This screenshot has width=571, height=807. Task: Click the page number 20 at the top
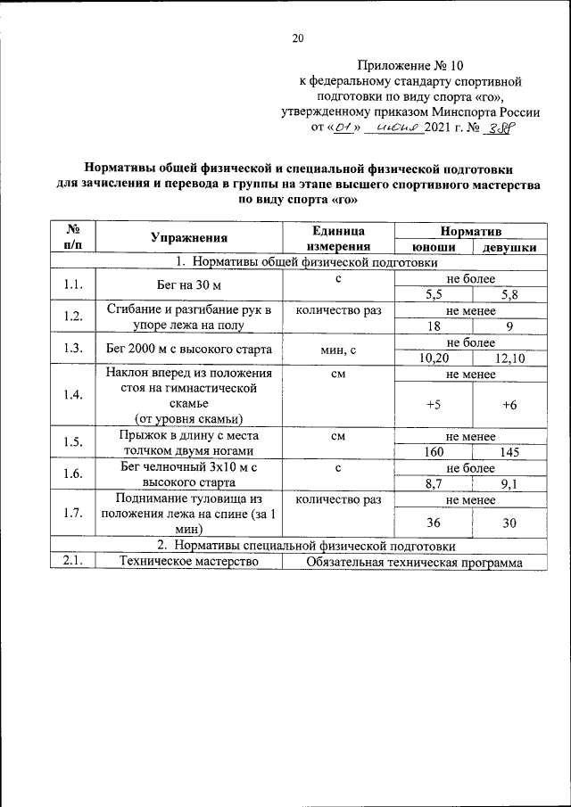tap(298, 37)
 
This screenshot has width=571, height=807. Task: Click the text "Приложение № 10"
tap(411, 65)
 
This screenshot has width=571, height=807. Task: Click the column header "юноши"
tap(434, 248)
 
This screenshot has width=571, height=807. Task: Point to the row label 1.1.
tap(73, 286)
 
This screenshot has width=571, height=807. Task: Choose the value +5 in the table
tap(433, 404)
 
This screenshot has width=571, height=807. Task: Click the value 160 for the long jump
tap(433, 452)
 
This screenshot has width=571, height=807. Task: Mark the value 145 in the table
tap(509, 452)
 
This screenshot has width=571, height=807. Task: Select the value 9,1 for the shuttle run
tap(511, 484)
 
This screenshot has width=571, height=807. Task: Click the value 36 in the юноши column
tap(433, 523)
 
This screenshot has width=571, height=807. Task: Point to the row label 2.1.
tap(73, 562)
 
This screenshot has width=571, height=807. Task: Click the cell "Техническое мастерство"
tap(182, 562)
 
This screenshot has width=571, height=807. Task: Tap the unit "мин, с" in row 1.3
tap(339, 350)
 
